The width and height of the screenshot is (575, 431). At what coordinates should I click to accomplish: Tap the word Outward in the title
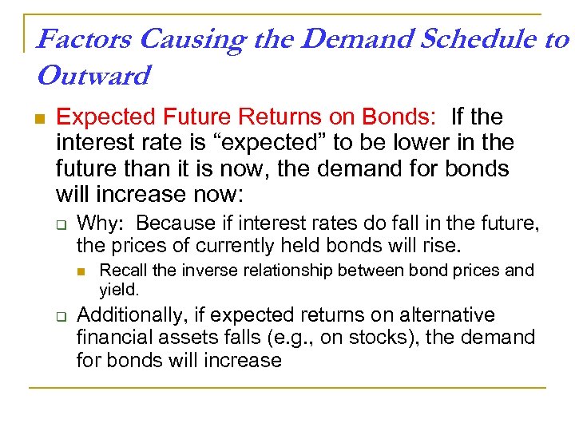(x=93, y=76)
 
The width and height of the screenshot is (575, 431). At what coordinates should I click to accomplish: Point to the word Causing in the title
(x=180, y=39)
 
